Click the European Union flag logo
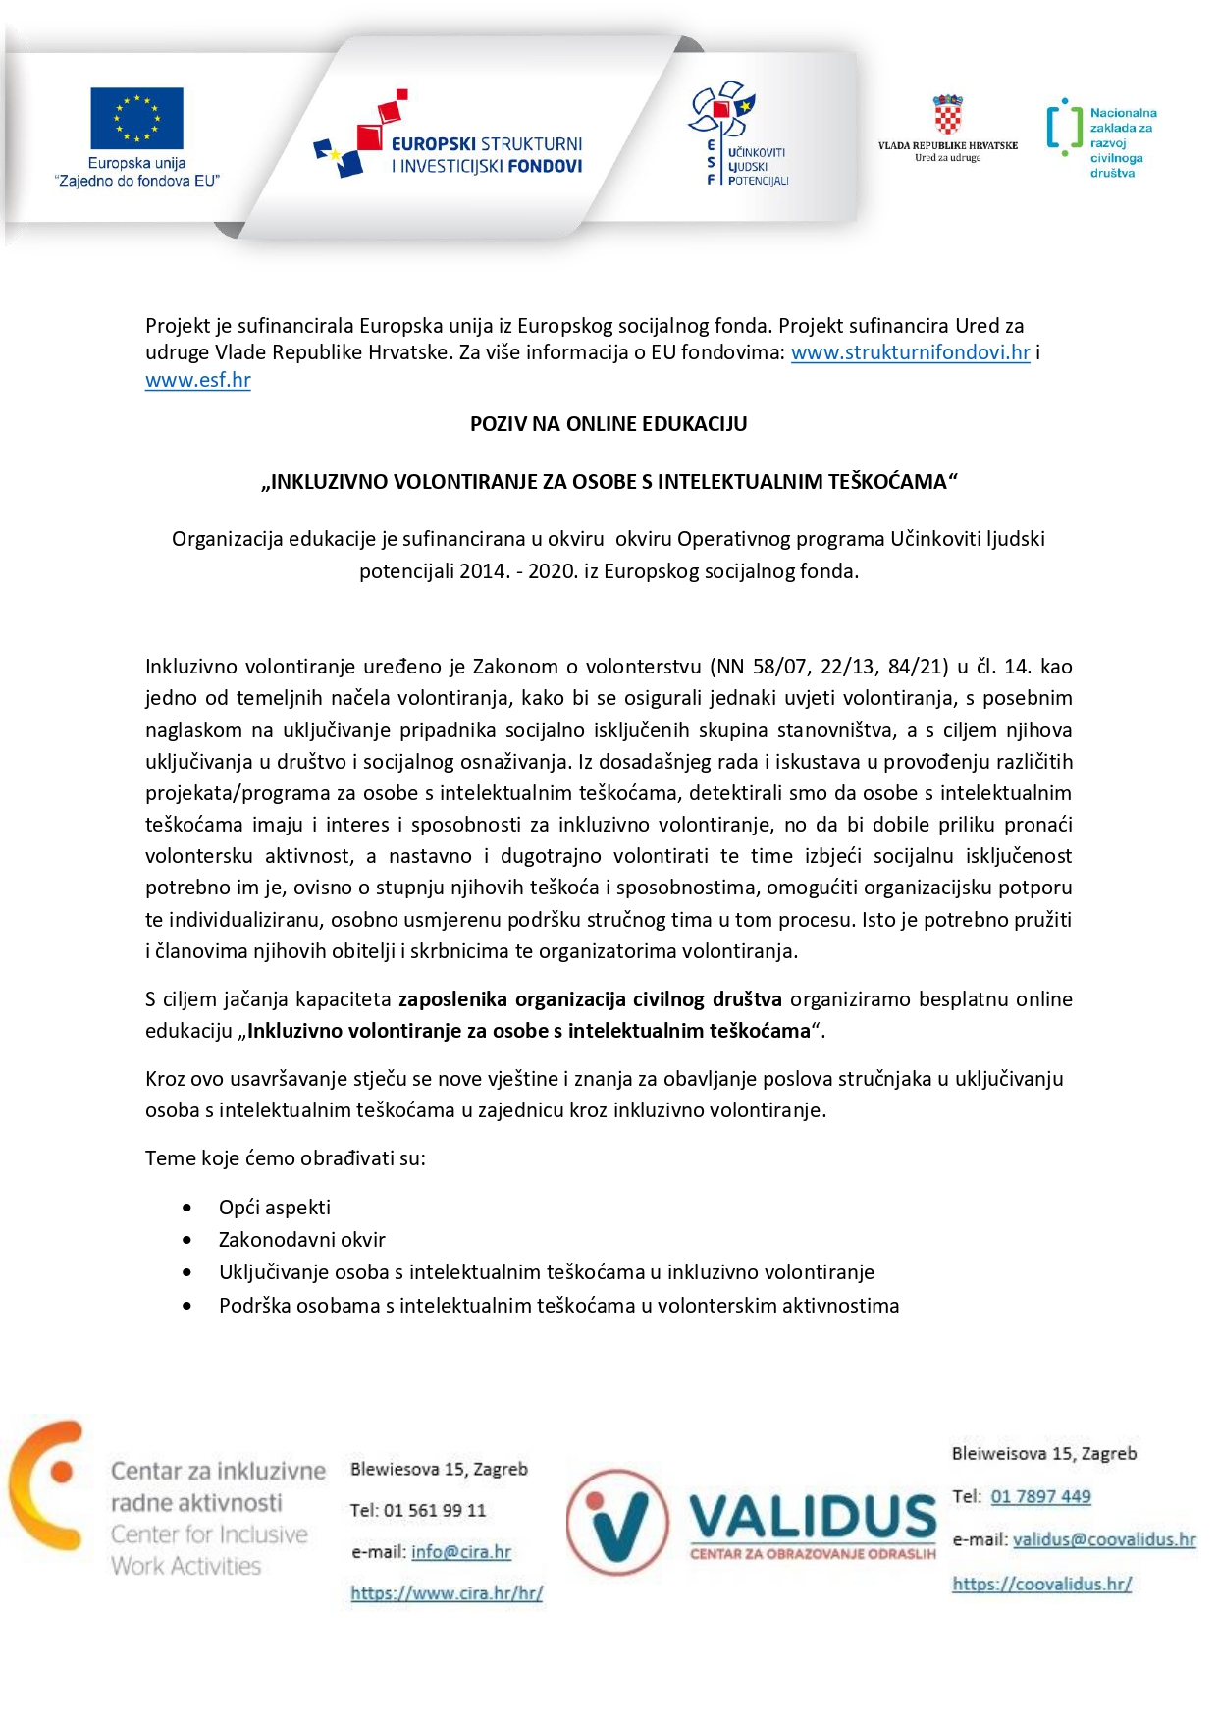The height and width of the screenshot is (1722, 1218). click(136, 119)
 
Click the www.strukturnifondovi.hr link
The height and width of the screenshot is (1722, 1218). click(910, 352)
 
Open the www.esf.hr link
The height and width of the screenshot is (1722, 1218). click(198, 380)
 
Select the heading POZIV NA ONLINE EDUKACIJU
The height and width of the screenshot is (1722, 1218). click(609, 424)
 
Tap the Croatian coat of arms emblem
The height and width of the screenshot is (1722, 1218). click(947, 116)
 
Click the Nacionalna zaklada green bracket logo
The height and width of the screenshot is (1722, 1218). click(1064, 128)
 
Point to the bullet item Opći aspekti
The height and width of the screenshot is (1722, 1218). click(275, 1208)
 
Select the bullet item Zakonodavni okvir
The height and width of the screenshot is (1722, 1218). click(302, 1240)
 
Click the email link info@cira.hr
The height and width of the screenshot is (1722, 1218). click(461, 1552)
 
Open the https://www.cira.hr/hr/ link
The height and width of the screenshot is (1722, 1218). click(447, 1593)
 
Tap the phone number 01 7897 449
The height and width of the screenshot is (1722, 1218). click(1040, 1497)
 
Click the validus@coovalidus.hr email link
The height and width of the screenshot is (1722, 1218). click(1104, 1539)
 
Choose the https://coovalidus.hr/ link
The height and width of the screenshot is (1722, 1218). click(1041, 1584)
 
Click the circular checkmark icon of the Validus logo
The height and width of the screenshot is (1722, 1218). click(617, 1523)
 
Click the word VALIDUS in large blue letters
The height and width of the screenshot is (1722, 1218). click(813, 1517)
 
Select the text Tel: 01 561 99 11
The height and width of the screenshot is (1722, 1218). click(418, 1510)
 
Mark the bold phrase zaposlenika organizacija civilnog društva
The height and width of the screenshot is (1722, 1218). click(590, 999)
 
